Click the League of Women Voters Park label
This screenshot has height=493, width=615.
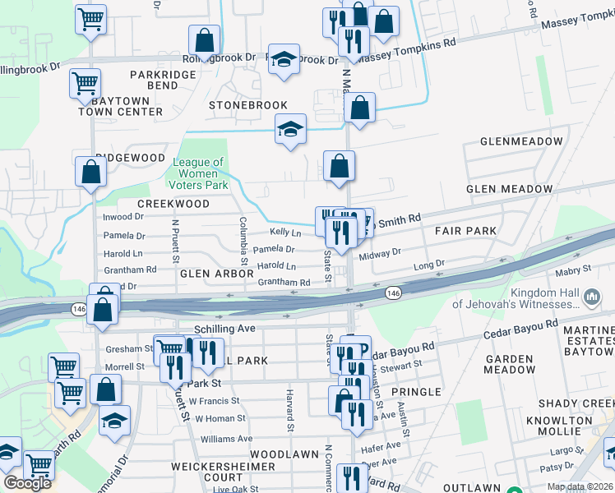click(198, 174)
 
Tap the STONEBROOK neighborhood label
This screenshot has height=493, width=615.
click(247, 105)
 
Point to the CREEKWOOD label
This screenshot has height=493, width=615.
click(173, 203)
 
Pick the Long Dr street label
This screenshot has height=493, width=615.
click(428, 265)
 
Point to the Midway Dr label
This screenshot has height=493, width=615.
click(379, 253)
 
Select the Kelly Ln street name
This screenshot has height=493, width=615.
click(285, 233)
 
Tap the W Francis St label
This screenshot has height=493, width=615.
click(214, 401)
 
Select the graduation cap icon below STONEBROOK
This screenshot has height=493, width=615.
click(289, 129)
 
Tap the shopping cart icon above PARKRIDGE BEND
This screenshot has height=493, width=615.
click(85, 82)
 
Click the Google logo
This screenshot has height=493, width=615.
click(27, 482)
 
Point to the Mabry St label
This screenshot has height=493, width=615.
click(575, 269)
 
